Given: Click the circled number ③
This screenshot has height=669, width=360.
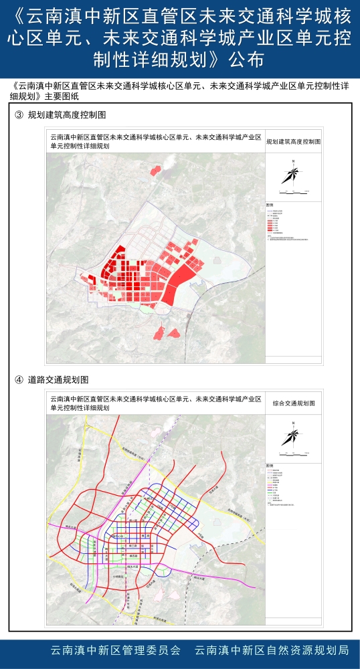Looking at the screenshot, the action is tap(18, 115).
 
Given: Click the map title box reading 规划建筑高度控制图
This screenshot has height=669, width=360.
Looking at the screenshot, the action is tap(293, 142).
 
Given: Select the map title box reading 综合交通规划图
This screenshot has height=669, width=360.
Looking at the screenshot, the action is tap(293, 404).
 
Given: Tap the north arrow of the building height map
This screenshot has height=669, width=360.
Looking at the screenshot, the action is tap(293, 173).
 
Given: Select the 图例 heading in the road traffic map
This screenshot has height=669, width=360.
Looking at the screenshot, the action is tap(270, 465).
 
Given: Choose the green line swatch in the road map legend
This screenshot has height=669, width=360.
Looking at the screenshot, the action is tap(270, 493).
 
